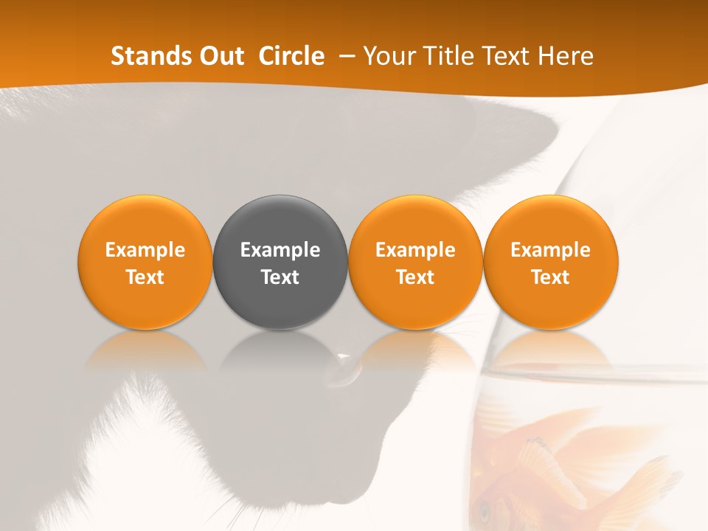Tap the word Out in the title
pyautogui.click(x=220, y=56)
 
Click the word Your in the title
pyautogui.click(x=387, y=56)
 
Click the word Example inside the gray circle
pyautogui.click(x=280, y=250)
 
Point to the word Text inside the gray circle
pyautogui.click(x=280, y=277)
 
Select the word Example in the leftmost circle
pyautogui.click(x=145, y=250)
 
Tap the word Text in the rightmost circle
pyautogui.click(x=551, y=277)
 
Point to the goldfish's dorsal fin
pyautogui.click(x=542, y=457)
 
